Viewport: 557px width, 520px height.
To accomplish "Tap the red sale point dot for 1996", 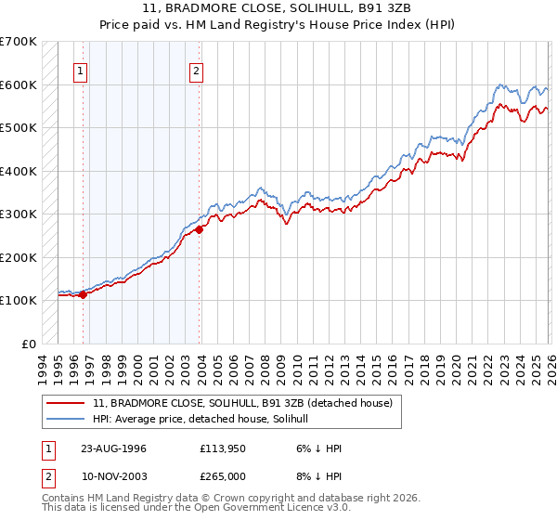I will (x=83, y=294).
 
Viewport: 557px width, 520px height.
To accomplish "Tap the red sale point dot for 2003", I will (x=200, y=229).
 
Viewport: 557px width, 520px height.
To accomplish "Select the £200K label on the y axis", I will (x=19, y=257).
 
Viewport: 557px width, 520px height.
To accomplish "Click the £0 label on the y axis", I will (x=28, y=344).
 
